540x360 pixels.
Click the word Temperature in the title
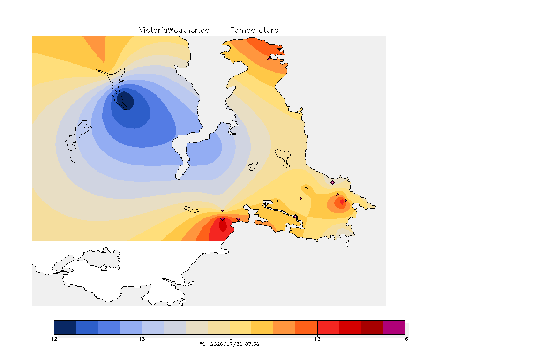click(x=254, y=30)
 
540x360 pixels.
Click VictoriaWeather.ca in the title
click(x=174, y=30)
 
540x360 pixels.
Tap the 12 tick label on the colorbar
click(x=54, y=339)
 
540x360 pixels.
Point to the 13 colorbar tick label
click(x=142, y=339)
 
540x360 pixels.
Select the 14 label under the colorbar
click(x=230, y=339)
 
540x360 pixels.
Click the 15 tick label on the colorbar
click(x=317, y=339)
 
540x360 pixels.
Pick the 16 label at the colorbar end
click(x=405, y=339)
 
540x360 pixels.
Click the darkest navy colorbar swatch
click(x=65, y=327)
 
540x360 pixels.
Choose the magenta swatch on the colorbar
click(x=394, y=327)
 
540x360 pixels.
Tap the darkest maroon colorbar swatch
click(x=372, y=327)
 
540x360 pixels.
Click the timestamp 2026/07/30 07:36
click(x=234, y=344)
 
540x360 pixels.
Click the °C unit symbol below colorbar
click(x=202, y=344)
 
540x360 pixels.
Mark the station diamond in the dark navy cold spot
click(x=122, y=94)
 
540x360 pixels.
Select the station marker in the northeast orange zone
click(x=270, y=59)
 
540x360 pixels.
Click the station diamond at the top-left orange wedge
click(x=108, y=69)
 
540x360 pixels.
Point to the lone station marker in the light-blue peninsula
click(x=212, y=149)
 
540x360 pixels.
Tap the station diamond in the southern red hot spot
click(x=223, y=219)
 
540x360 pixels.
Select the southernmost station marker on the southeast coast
click(x=341, y=231)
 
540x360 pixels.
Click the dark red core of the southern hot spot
click(x=223, y=225)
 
